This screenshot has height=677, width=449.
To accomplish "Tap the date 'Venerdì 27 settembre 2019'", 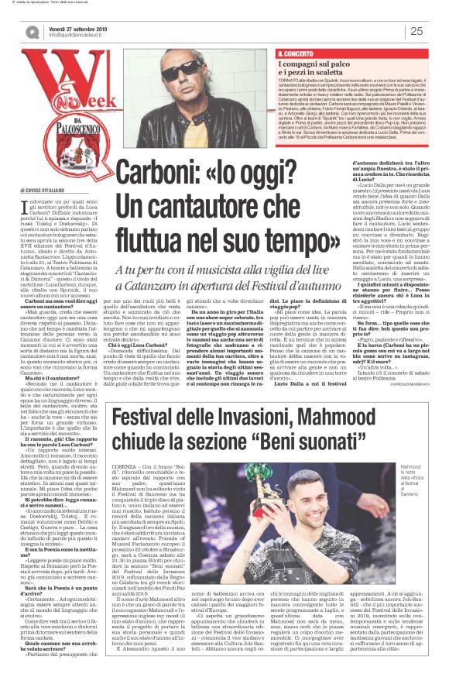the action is tap(85, 26).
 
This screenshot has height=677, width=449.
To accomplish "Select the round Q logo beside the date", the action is tap(32, 32).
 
